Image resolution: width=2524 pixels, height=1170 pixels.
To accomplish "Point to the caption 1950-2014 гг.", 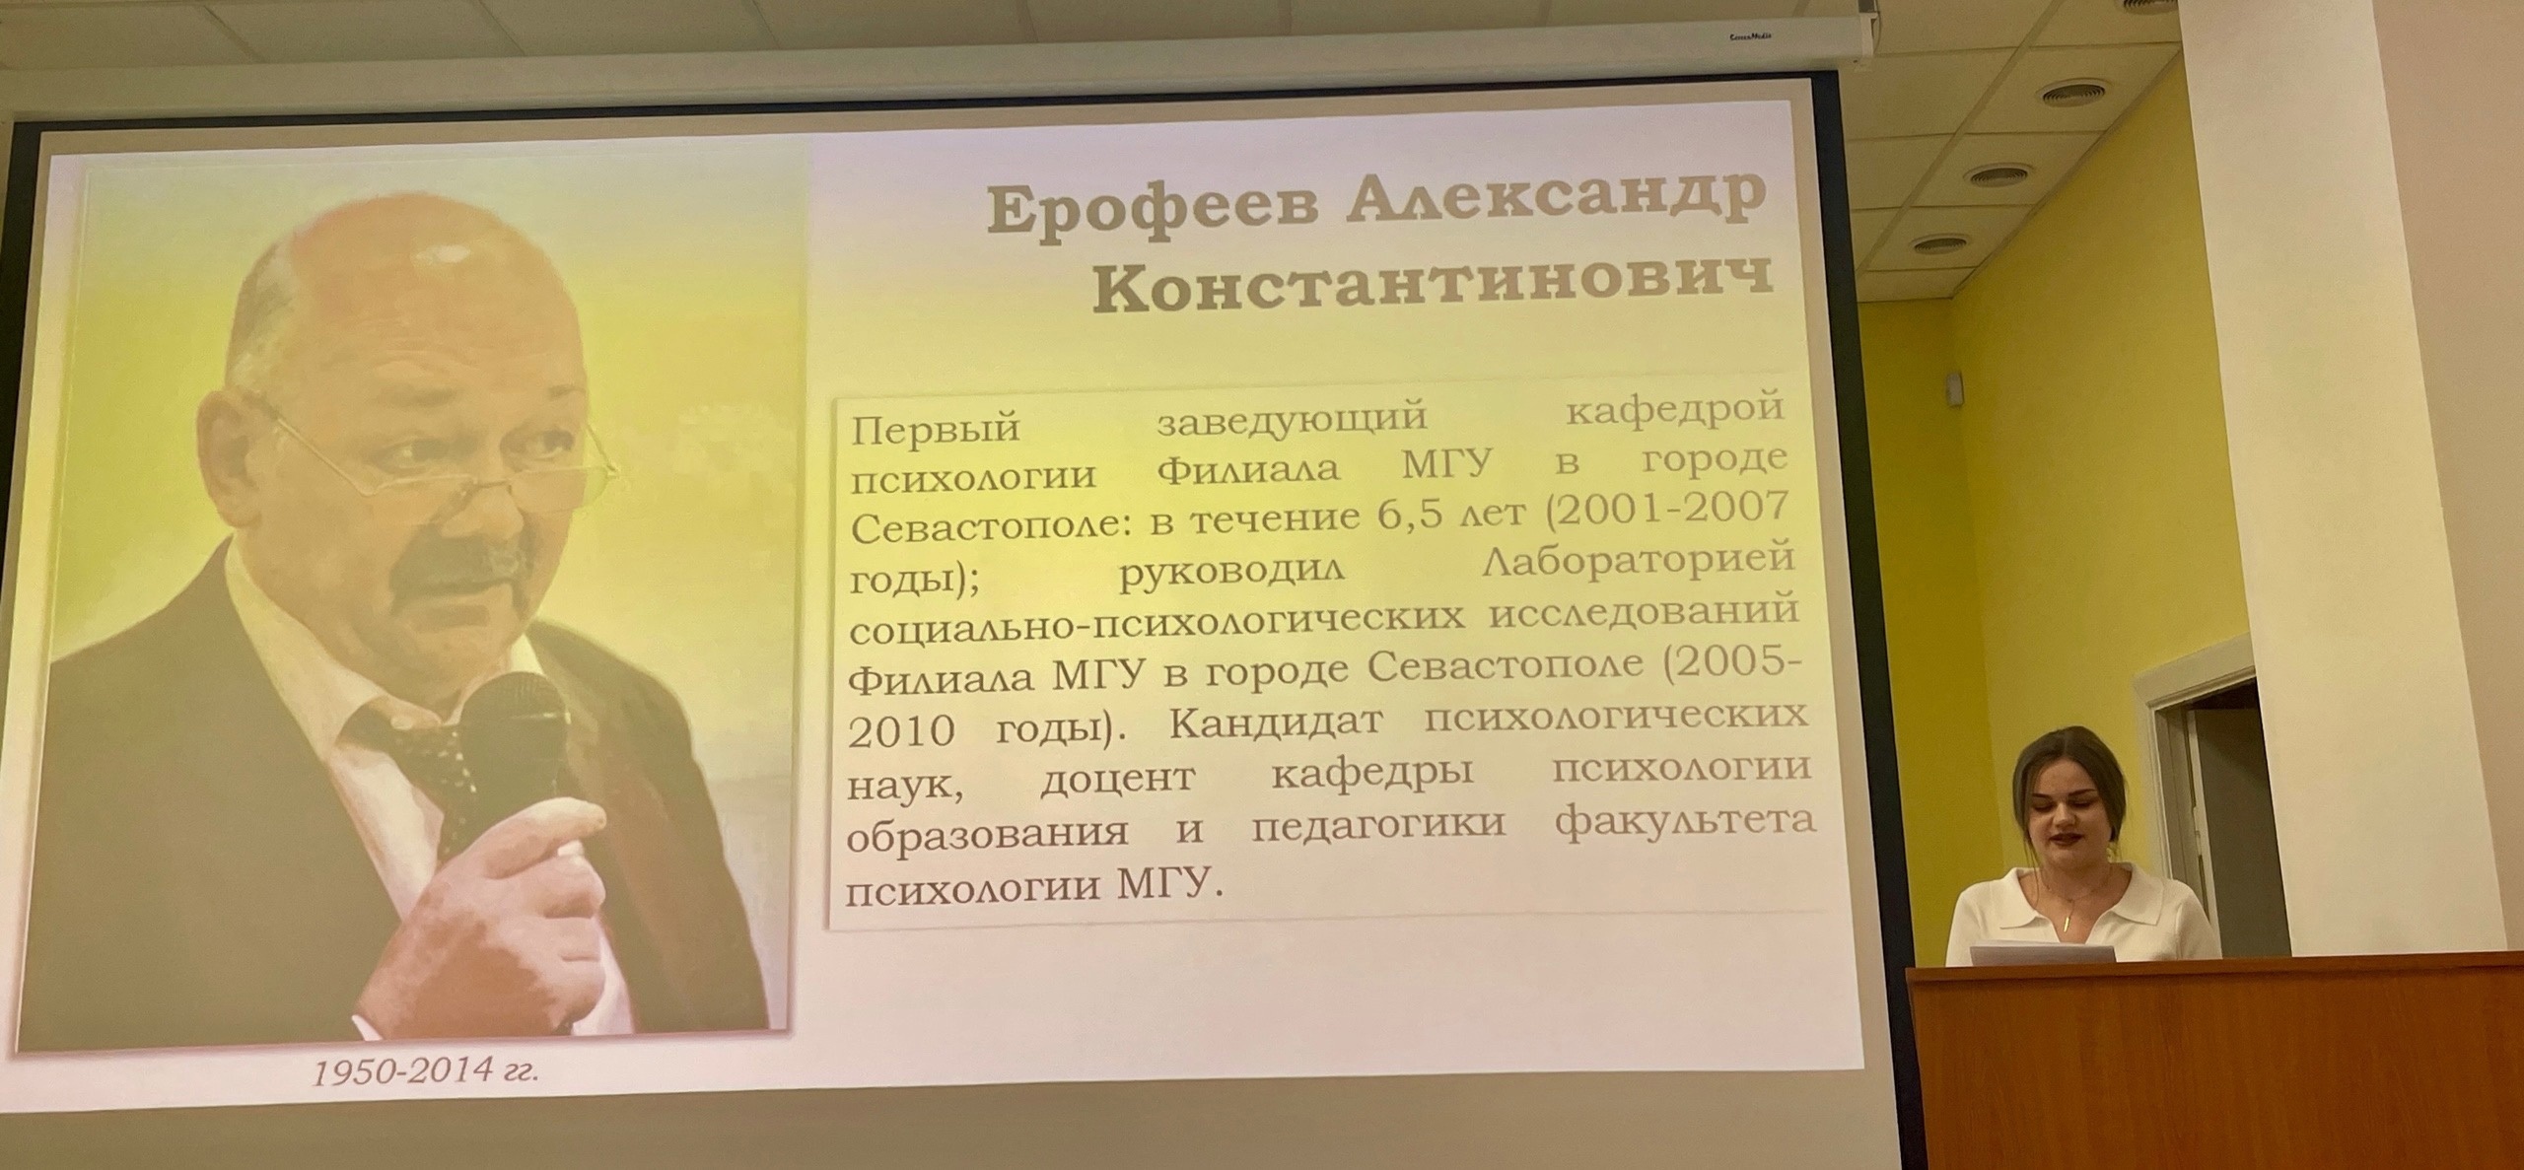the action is click(426, 1070).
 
